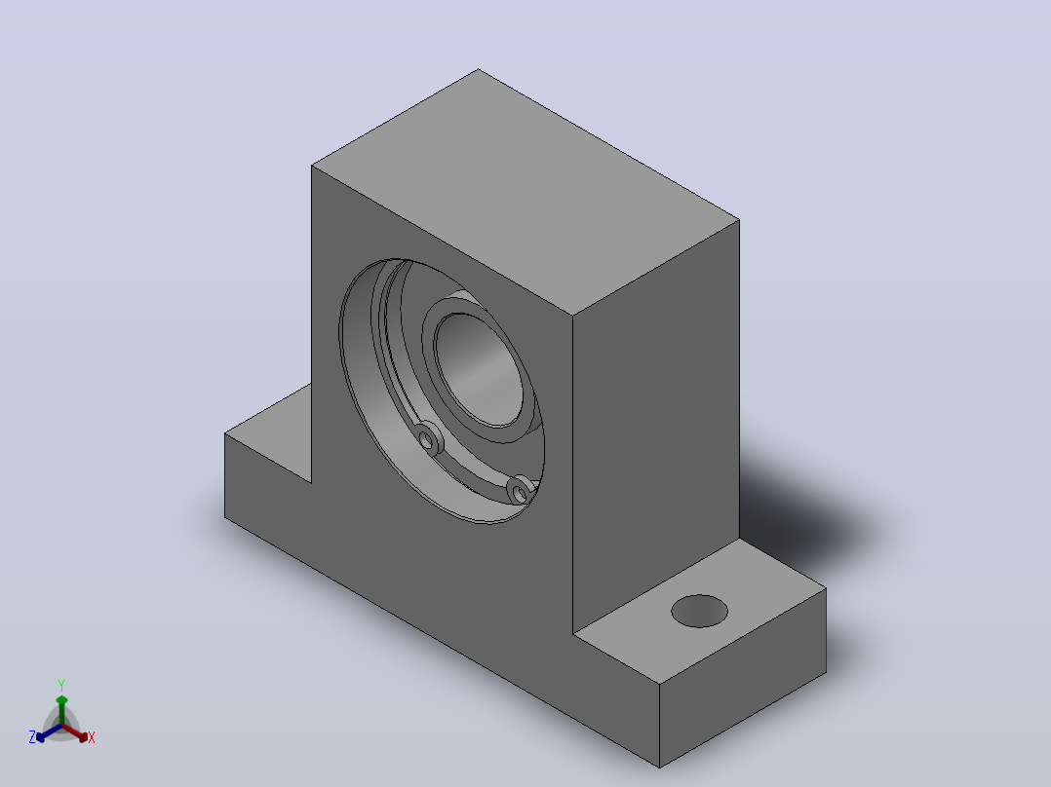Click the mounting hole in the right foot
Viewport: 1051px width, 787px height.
(699, 611)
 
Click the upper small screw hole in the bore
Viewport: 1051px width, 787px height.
(426, 439)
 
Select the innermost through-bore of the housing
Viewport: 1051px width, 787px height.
(479, 370)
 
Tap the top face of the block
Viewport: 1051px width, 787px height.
(525, 192)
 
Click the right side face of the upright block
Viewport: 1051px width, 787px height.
(655, 426)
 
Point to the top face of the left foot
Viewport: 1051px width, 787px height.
(268, 432)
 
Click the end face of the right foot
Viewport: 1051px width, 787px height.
(743, 678)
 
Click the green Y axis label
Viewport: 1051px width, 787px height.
(61, 686)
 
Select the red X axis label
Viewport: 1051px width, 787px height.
(92, 737)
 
